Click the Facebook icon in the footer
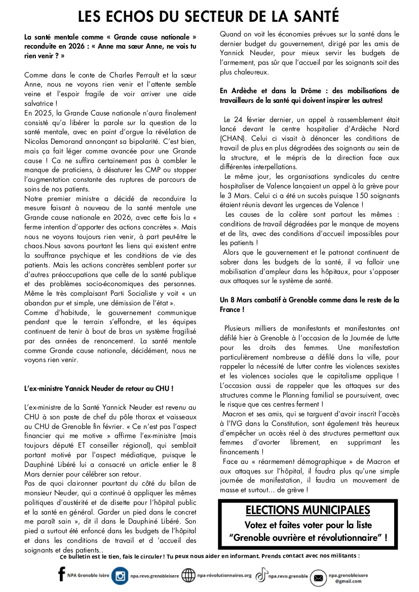62,574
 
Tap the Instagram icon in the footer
120,576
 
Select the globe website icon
188,576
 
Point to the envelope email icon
318,578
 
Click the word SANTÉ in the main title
314,16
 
